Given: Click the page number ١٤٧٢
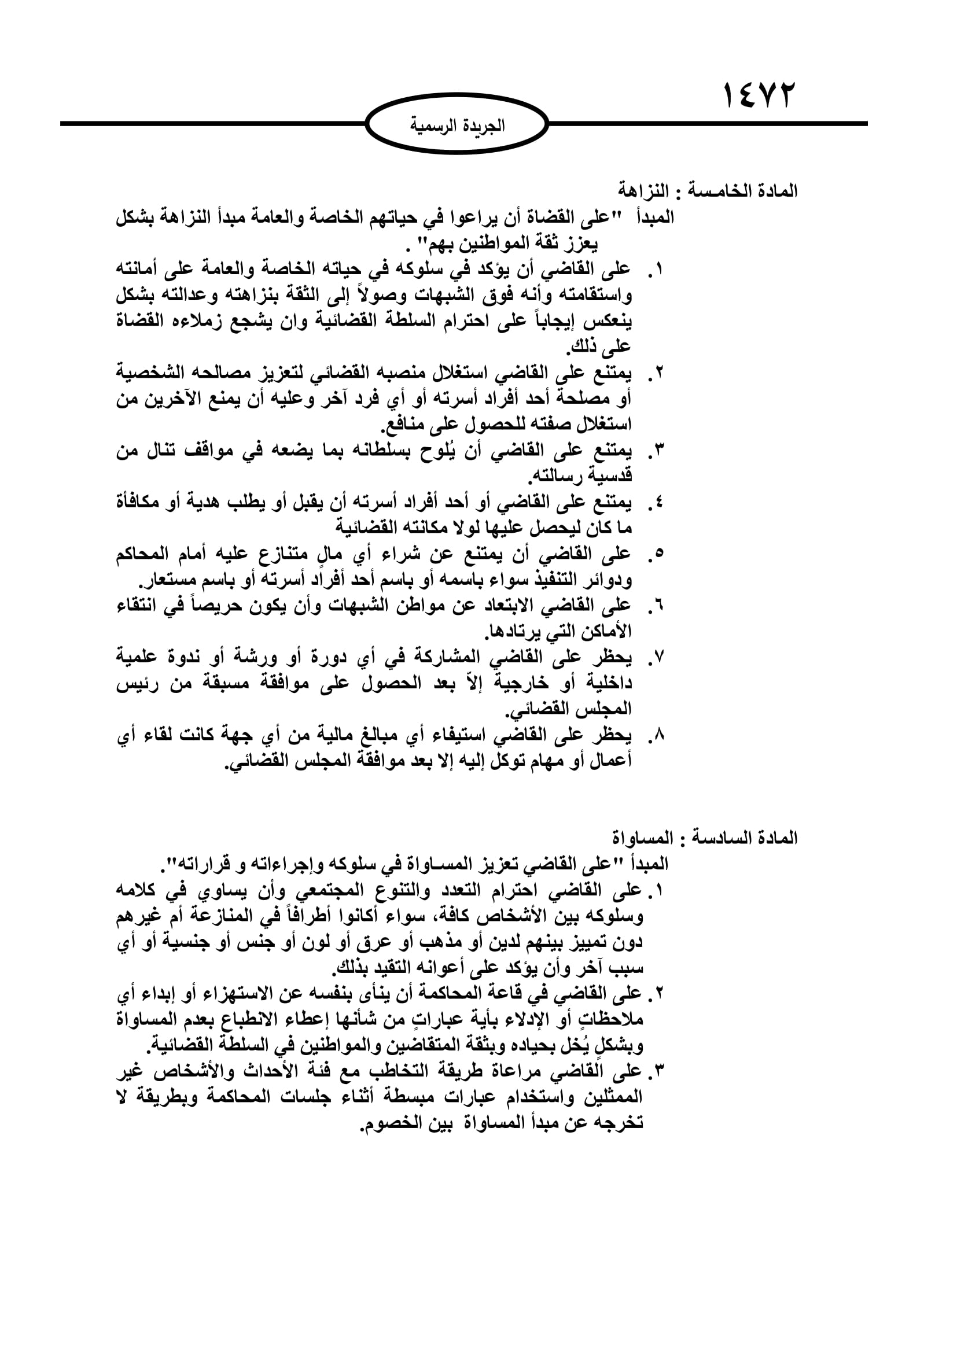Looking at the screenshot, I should (x=759, y=95).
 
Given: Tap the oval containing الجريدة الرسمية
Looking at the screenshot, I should (x=457, y=126).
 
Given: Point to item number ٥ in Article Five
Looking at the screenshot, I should (x=659, y=554).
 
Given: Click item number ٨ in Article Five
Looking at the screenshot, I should (x=659, y=735).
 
